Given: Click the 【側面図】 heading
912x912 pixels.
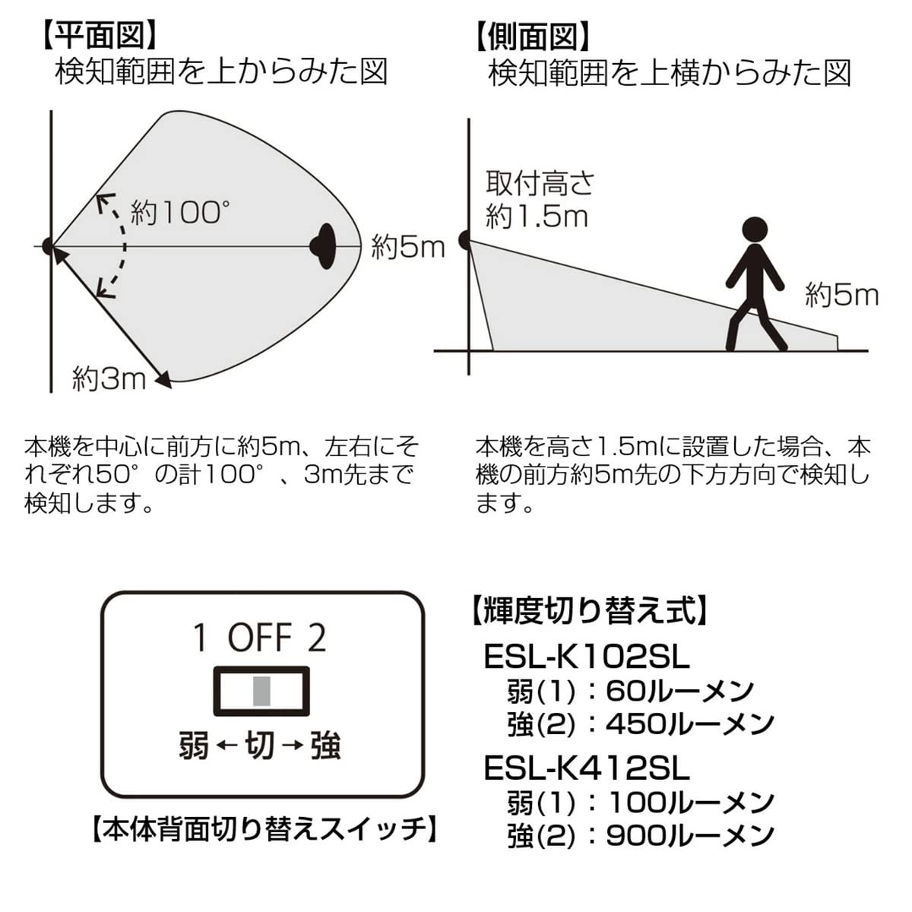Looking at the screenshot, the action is click(533, 35).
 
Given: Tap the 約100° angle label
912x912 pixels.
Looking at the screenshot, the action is click(179, 212).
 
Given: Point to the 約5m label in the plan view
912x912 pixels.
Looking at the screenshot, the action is click(407, 247).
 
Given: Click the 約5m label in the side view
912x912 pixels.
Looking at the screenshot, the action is click(841, 295).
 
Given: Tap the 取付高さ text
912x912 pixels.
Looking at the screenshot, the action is click(540, 183).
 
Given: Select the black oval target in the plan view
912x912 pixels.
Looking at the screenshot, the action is click(325, 246).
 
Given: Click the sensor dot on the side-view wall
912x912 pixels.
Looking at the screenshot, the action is click(465, 241).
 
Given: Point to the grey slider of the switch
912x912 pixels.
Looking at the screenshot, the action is click(261, 691).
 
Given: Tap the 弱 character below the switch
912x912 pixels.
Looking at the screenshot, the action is click(194, 746).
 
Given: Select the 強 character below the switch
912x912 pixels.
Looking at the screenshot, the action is click(325, 746).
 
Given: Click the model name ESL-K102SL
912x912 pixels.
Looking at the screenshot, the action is click(586, 657).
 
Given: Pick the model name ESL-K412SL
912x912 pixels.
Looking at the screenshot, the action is click(586, 768).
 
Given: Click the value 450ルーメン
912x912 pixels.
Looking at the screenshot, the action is click(689, 724).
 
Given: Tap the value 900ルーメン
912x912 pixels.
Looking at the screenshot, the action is click(689, 836).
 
